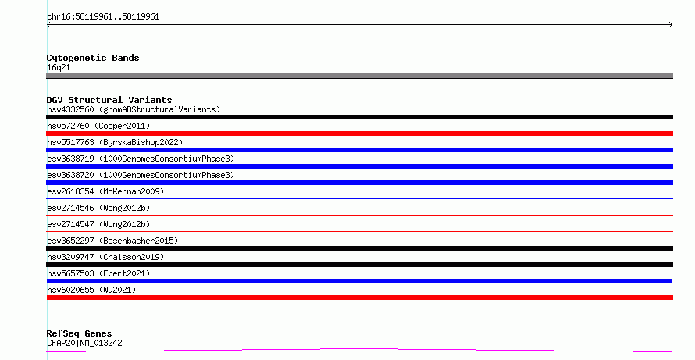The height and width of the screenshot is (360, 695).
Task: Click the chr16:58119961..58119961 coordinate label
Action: pyautogui.click(x=103, y=17)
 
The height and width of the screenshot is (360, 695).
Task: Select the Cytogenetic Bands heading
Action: pyautogui.click(x=93, y=58)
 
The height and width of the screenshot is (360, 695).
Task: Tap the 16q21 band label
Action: pyautogui.click(x=59, y=67)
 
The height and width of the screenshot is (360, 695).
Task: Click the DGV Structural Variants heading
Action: pyautogui.click(x=109, y=100)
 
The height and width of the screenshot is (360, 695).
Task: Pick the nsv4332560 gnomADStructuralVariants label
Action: pyautogui.click(x=134, y=109)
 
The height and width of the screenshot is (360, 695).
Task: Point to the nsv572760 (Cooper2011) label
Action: pyautogui.click(x=98, y=126)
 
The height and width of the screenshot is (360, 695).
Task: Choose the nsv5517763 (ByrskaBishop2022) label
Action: pyautogui.click(x=115, y=142)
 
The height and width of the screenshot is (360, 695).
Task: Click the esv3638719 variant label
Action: pyautogui.click(x=141, y=159)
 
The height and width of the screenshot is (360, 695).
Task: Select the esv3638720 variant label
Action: pyautogui.click(x=141, y=175)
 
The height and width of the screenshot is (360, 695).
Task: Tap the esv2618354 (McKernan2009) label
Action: pyautogui.click(x=105, y=191)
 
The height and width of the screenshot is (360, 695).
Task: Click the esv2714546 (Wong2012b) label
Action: pyautogui.click(x=98, y=208)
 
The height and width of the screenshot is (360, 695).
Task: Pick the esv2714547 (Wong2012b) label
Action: pyautogui.click(x=98, y=224)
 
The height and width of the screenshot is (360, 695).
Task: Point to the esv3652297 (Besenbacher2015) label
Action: pyautogui.click(x=112, y=241)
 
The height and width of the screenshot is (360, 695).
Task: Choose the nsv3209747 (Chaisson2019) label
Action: pyautogui.click(x=105, y=257)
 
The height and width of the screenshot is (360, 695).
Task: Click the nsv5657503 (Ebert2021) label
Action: pyautogui.click(x=98, y=273)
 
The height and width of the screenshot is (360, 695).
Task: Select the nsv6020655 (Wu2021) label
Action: pyautogui.click(x=91, y=290)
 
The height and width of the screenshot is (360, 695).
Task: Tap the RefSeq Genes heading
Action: pyautogui.click(x=79, y=333)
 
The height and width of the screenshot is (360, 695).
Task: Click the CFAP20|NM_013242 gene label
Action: pyautogui.click(x=84, y=343)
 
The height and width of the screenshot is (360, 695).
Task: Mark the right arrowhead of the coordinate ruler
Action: pyautogui.click(x=671, y=25)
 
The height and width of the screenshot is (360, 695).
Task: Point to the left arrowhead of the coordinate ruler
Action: pyautogui.click(x=48, y=25)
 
